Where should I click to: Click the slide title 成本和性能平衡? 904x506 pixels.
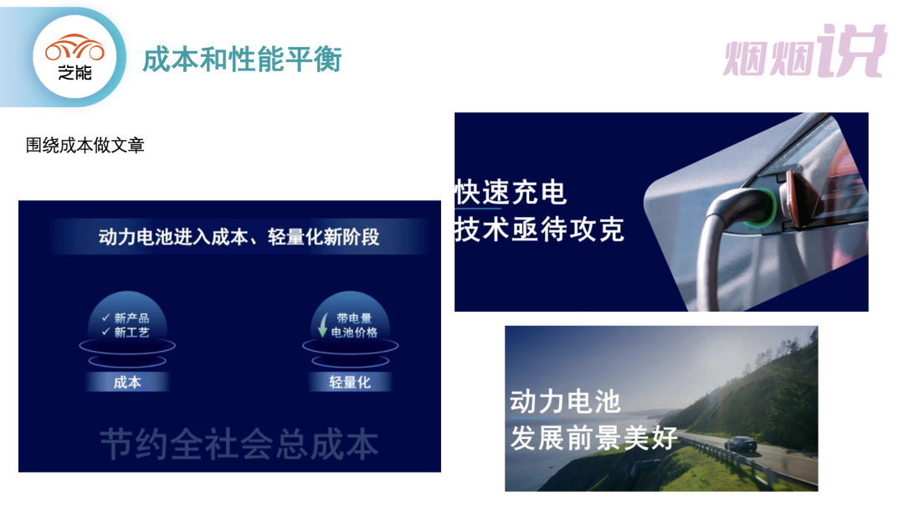pyautogui.click(x=242, y=59)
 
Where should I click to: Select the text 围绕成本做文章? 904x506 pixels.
pyautogui.click(x=85, y=145)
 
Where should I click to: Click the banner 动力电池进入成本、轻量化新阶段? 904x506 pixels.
pyautogui.click(x=239, y=236)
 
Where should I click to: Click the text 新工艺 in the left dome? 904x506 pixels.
pyautogui.click(x=131, y=333)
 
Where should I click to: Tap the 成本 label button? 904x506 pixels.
pyautogui.click(x=127, y=382)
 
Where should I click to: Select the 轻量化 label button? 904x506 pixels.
pyautogui.click(x=350, y=382)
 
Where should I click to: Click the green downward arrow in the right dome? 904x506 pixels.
pyautogui.click(x=322, y=325)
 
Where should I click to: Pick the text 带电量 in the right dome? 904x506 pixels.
pyautogui.click(x=354, y=318)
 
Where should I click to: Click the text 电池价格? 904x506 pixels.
pyautogui.click(x=354, y=333)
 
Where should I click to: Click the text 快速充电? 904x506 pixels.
pyautogui.click(x=511, y=193)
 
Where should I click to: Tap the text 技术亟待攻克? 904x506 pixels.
pyautogui.click(x=540, y=230)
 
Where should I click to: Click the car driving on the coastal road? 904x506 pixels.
pyautogui.click(x=740, y=444)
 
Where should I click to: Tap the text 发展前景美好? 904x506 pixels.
pyautogui.click(x=593, y=438)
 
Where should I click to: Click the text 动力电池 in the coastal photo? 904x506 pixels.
pyautogui.click(x=565, y=402)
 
